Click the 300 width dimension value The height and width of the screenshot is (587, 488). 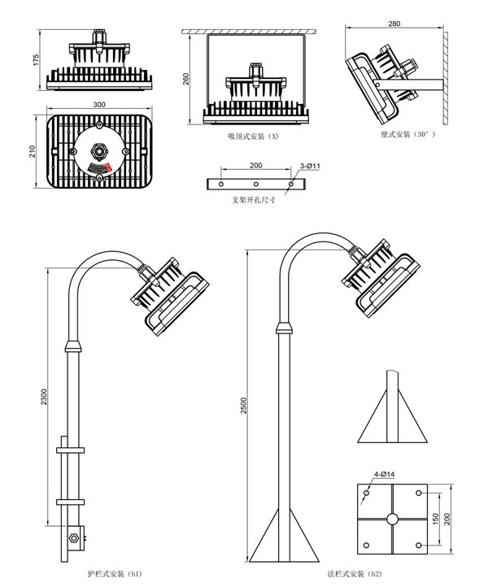(98, 105)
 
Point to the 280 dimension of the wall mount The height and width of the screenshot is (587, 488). (395, 24)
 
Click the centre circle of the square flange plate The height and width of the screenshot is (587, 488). (392, 518)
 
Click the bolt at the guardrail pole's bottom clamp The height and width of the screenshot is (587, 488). (74, 537)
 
